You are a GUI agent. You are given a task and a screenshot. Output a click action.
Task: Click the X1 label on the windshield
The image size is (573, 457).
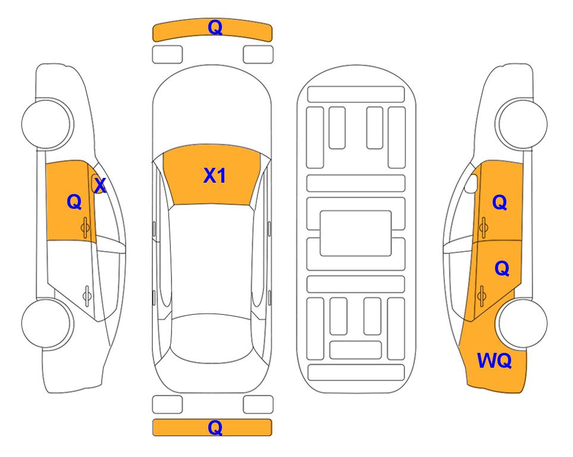(x=215, y=176)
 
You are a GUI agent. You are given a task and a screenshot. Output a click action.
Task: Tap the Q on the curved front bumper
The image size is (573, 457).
(x=215, y=27)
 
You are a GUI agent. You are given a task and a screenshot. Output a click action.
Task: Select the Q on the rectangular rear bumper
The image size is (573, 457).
(x=215, y=427)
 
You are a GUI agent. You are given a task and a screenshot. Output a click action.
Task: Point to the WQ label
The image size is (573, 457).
(x=494, y=361)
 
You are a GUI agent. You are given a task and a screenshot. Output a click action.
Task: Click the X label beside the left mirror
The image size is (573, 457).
(x=100, y=185)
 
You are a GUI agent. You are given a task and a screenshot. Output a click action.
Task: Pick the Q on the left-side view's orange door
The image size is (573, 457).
(x=74, y=202)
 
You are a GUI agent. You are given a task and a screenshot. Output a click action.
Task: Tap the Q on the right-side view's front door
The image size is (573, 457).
(x=500, y=202)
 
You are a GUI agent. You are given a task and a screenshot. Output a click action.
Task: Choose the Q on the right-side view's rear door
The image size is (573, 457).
(x=502, y=268)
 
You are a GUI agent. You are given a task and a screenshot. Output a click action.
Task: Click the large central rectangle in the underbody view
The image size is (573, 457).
(x=356, y=233)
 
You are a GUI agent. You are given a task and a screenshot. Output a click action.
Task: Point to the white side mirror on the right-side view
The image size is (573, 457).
(x=471, y=183)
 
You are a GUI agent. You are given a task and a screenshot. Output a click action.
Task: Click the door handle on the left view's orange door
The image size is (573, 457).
(x=85, y=227)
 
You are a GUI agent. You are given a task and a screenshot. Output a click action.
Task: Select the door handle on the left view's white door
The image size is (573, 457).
(x=87, y=295)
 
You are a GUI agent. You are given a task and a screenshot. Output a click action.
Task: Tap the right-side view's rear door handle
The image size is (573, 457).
(x=482, y=296)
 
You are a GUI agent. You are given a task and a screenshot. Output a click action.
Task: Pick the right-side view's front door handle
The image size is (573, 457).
(x=484, y=227)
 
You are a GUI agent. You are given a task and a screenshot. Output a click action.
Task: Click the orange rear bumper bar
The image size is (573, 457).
(x=212, y=427)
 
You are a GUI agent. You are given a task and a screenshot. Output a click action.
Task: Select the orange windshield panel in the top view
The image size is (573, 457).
(x=212, y=175)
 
